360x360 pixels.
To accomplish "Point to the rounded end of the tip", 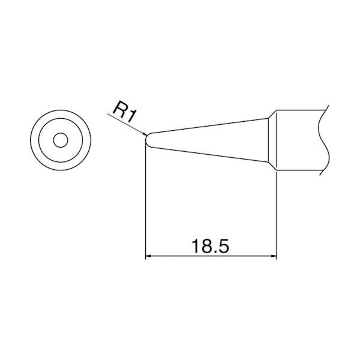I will pyautogui.click(x=147, y=139).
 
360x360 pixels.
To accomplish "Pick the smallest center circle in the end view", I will pyautogui.click(x=60, y=140).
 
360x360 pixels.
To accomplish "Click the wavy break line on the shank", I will pyautogui.click(x=325, y=141).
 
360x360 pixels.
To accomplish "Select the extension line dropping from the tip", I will pyautogui.click(x=146, y=204).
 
